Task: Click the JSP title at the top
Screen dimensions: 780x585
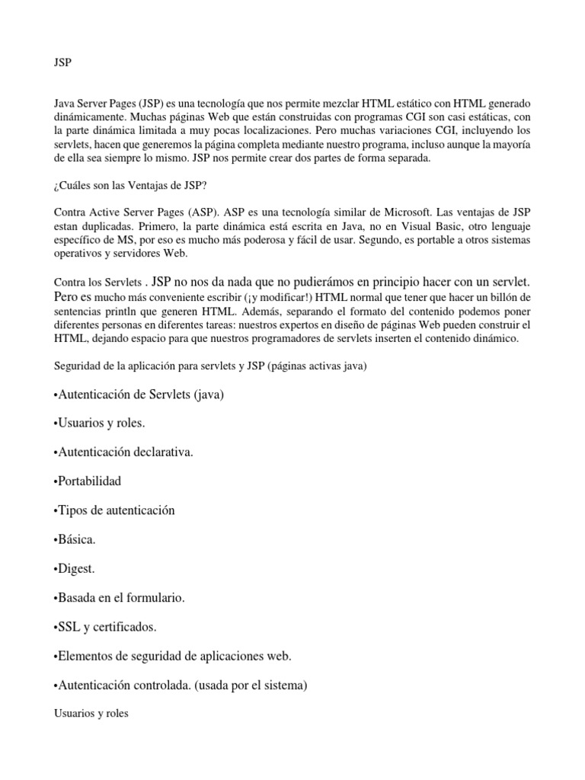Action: coord(62,63)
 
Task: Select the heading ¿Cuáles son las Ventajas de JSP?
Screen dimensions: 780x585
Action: coord(130,184)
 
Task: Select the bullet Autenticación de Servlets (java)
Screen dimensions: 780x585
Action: coord(139,395)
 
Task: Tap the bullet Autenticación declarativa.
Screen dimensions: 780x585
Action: coord(124,452)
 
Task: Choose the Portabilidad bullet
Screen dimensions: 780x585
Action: coord(88,481)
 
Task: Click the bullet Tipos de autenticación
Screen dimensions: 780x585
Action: coord(114,510)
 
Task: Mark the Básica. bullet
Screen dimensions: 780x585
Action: coord(75,540)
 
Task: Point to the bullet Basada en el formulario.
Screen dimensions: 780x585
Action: coord(120,598)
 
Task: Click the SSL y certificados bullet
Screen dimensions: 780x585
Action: coord(105,627)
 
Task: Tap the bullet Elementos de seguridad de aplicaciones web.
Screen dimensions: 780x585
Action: coord(173,656)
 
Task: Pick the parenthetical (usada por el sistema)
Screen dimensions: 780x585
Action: coord(251,686)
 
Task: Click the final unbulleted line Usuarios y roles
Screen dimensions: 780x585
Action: coord(91,715)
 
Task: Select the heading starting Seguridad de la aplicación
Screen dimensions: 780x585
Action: coord(210,366)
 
